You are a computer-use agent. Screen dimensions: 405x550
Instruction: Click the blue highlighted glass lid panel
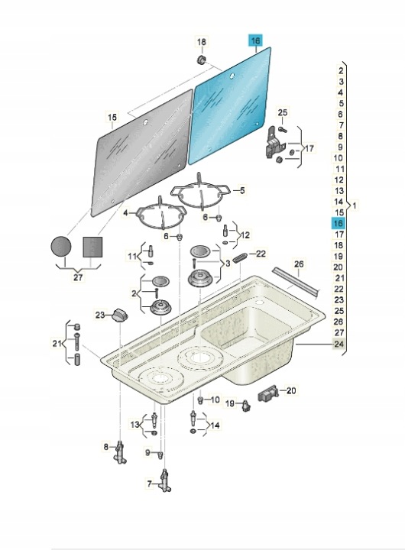[230, 105]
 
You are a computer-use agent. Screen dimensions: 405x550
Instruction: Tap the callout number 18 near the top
[202, 42]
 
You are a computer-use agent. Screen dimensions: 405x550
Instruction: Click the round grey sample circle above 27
[61, 246]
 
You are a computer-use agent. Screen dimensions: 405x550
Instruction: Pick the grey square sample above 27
[92, 247]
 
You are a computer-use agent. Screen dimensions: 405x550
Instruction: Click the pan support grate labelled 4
[160, 215]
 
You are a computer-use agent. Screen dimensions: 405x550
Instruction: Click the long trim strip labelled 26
[296, 283]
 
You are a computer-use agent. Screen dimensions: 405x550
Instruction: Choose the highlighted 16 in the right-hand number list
[339, 223]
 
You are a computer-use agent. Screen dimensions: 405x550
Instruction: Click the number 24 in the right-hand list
[339, 344]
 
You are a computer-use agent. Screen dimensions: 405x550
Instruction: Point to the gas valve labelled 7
[164, 481]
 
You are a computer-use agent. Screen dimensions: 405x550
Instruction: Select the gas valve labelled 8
[121, 452]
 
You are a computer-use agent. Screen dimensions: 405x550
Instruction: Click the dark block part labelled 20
[268, 395]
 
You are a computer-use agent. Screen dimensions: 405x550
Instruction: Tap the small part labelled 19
[247, 406]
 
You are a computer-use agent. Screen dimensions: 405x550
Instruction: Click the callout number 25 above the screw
[283, 112]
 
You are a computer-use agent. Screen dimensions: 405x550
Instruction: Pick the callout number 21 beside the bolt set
[57, 344]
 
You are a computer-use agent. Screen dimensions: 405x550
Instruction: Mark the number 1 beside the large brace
[355, 205]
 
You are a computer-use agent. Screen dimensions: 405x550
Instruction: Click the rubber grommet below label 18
[202, 60]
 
